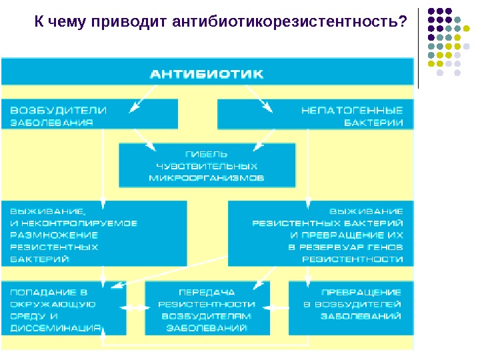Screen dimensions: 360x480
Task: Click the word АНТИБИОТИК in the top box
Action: (206, 74)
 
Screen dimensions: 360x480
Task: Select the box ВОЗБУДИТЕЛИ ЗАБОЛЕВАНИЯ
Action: (90, 114)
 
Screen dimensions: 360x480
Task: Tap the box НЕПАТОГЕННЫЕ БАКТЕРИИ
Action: (315, 114)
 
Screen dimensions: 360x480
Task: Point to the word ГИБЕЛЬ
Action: (207, 153)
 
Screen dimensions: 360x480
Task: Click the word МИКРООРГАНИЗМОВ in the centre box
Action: (206, 178)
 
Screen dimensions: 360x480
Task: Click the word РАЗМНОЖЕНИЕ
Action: (53, 235)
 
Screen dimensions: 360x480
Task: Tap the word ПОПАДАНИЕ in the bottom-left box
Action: (38, 292)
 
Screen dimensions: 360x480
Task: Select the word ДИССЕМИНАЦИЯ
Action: (55, 327)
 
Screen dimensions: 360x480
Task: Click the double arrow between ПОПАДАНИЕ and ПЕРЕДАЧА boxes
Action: (135, 309)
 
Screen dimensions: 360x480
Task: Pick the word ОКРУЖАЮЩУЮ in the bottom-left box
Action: (53, 304)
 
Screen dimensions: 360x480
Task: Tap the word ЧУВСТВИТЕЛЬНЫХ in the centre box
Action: (206, 165)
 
